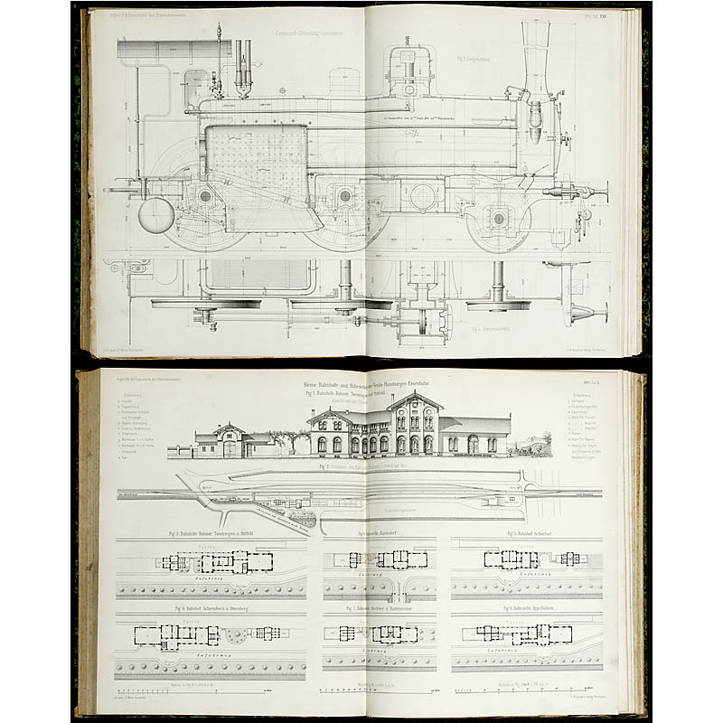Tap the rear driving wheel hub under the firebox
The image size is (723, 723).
205,196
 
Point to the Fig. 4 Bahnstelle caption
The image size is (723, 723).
380,534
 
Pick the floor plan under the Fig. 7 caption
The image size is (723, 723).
380,633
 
